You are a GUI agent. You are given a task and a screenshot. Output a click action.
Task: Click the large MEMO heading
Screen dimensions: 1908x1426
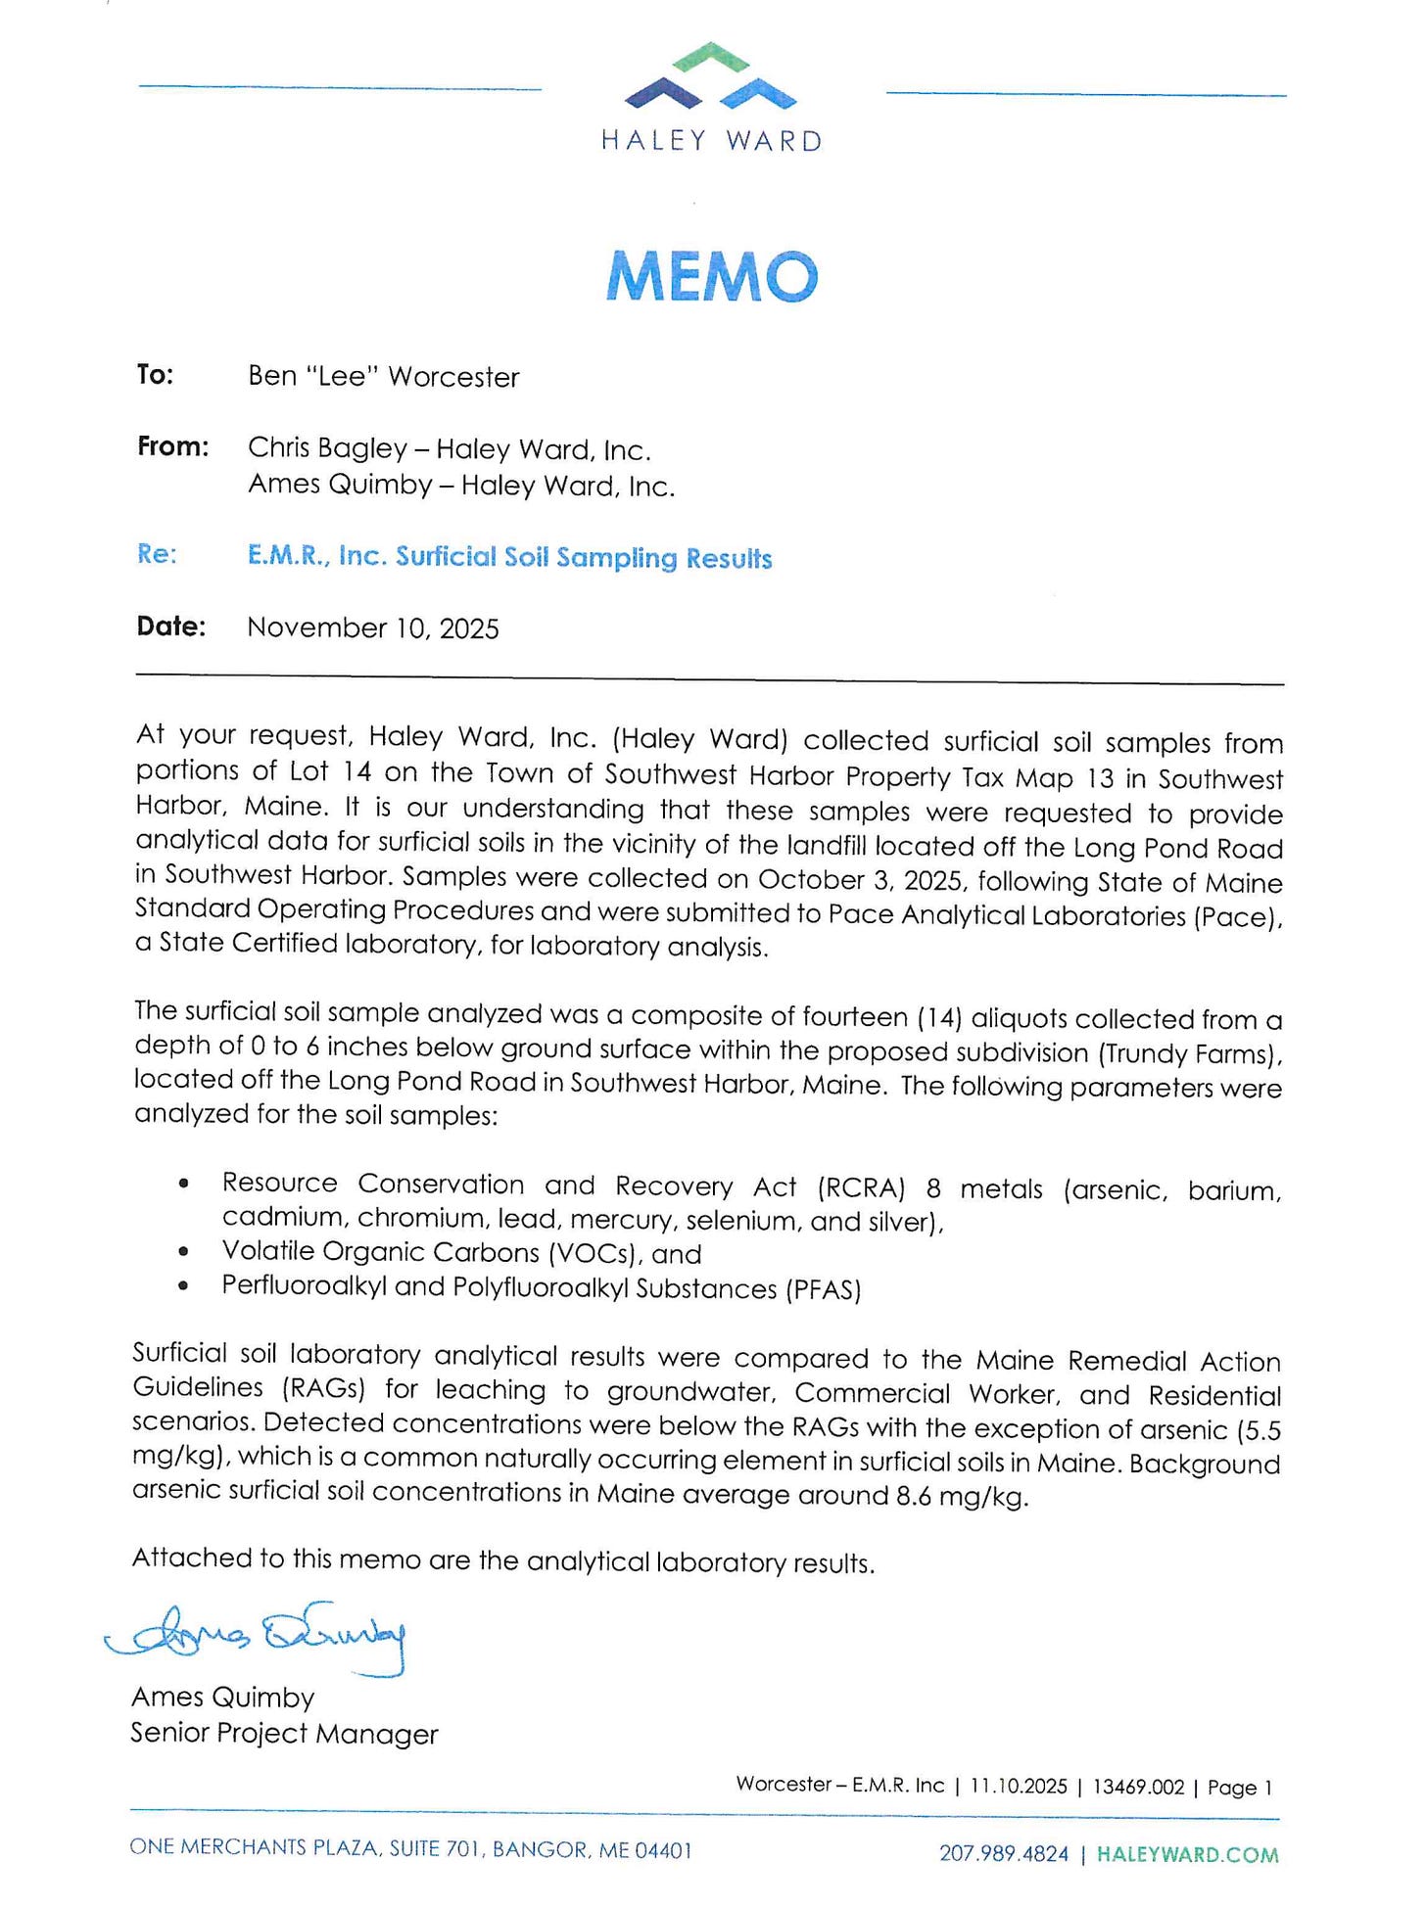click(x=712, y=276)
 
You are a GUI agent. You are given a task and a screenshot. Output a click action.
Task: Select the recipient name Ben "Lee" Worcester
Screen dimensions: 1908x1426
click(x=383, y=377)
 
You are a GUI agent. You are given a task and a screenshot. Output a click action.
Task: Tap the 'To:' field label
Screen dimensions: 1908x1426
click(x=155, y=375)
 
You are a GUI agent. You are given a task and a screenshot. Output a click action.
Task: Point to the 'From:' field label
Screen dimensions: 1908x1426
click(x=172, y=447)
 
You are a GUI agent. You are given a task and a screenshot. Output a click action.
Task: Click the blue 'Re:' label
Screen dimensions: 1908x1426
click(x=157, y=554)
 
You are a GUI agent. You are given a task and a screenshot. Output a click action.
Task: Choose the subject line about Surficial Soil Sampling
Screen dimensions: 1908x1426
click(x=509, y=557)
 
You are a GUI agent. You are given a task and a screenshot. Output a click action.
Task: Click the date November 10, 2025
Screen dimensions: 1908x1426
click(x=373, y=628)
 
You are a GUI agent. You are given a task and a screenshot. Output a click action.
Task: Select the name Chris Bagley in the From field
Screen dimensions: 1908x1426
click(x=327, y=448)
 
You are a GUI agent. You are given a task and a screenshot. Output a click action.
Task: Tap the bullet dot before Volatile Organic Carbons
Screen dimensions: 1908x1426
click(x=183, y=1252)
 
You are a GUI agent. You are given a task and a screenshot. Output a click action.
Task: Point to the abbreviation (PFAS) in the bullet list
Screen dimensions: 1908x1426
click(x=823, y=1288)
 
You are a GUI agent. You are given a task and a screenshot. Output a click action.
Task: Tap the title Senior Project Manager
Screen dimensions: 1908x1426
click(x=284, y=1734)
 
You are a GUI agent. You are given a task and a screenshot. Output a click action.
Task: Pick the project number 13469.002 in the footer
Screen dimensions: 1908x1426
click(x=1138, y=1787)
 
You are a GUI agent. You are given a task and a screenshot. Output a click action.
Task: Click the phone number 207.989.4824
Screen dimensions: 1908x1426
click(x=1004, y=1853)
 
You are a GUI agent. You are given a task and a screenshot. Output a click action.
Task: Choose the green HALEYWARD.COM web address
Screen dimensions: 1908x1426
click(x=1187, y=1854)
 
